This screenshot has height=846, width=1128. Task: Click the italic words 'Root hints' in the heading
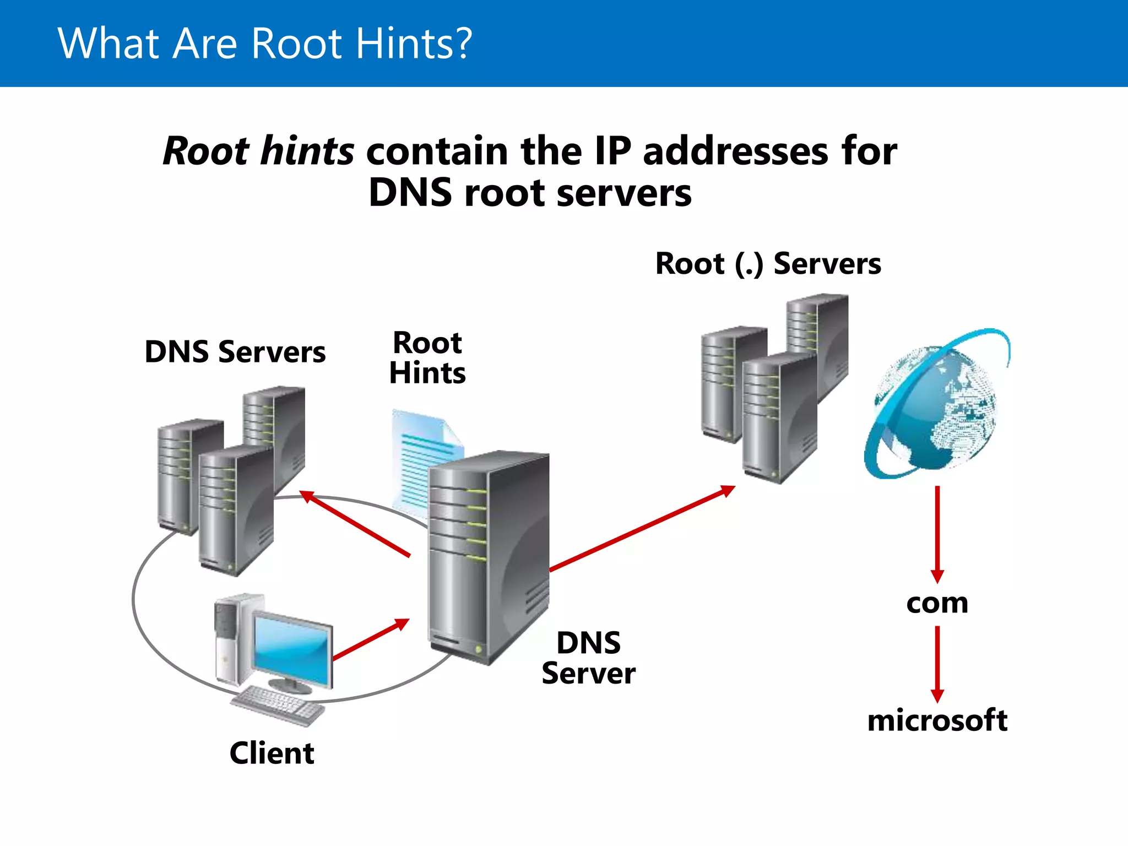(x=259, y=151)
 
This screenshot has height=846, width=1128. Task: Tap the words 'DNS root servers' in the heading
(x=530, y=193)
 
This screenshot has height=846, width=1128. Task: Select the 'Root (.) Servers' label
(x=768, y=263)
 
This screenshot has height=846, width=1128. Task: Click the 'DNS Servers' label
(x=235, y=351)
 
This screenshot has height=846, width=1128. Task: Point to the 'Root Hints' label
(x=427, y=358)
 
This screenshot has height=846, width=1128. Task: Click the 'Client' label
(x=272, y=753)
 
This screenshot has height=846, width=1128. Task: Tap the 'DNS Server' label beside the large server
(x=588, y=658)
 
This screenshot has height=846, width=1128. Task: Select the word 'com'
(x=937, y=604)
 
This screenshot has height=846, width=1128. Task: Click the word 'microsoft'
(x=937, y=720)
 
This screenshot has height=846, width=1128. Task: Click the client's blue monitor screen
(x=292, y=647)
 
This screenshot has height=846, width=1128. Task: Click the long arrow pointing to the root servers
(x=642, y=529)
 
